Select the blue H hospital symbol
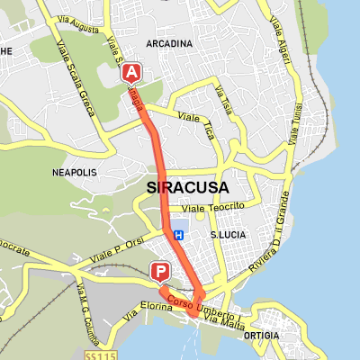click(178, 235)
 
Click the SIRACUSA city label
click(187, 187)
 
